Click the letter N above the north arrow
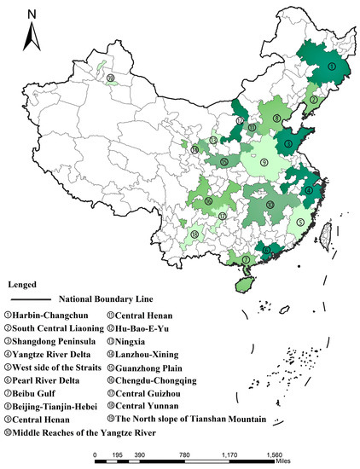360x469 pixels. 32,14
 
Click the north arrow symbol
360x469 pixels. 32,35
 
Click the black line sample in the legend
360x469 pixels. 28,300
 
